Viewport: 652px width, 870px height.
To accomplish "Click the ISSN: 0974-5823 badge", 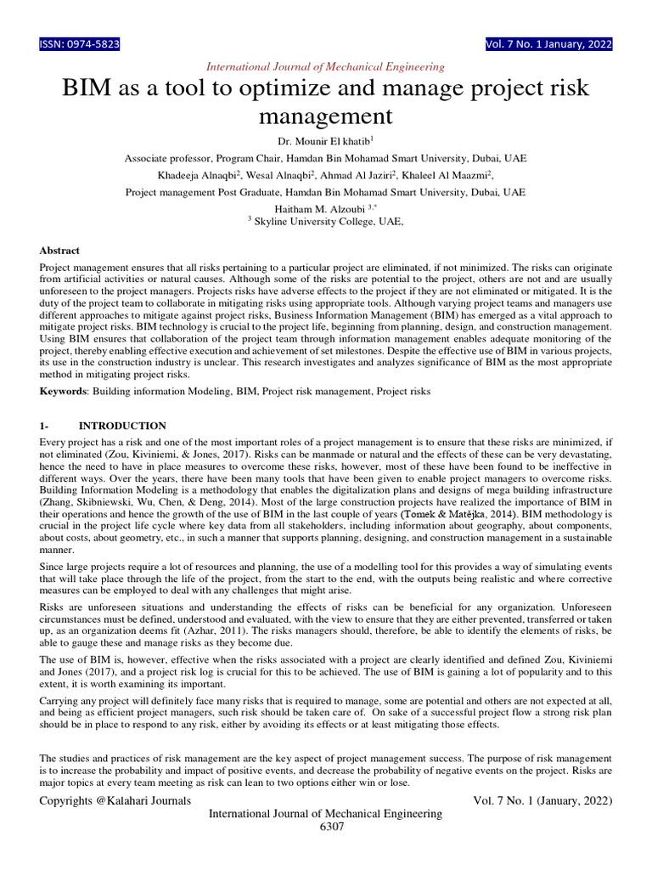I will pyautogui.click(x=80, y=44).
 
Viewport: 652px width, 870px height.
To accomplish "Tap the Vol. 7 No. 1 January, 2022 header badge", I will pyautogui.click(x=548, y=44).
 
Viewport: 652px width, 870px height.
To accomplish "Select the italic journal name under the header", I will pyautogui.click(x=326, y=66).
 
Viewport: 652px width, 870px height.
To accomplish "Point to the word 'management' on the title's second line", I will pyautogui.click(x=326, y=115).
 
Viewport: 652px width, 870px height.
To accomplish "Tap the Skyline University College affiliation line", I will pyautogui.click(x=326, y=221).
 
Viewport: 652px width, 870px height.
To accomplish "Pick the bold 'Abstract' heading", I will pyautogui.click(x=60, y=251).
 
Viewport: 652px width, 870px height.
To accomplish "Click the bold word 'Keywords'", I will pyautogui.click(x=64, y=391).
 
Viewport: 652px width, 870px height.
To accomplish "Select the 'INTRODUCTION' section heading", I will pyautogui.click(x=122, y=426).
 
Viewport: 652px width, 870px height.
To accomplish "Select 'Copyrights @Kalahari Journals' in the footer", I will pyautogui.click(x=115, y=800).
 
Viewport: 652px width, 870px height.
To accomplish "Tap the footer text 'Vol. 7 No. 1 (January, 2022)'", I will pyautogui.click(x=542, y=800).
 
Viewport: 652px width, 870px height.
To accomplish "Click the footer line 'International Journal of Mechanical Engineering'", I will pyautogui.click(x=326, y=814).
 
